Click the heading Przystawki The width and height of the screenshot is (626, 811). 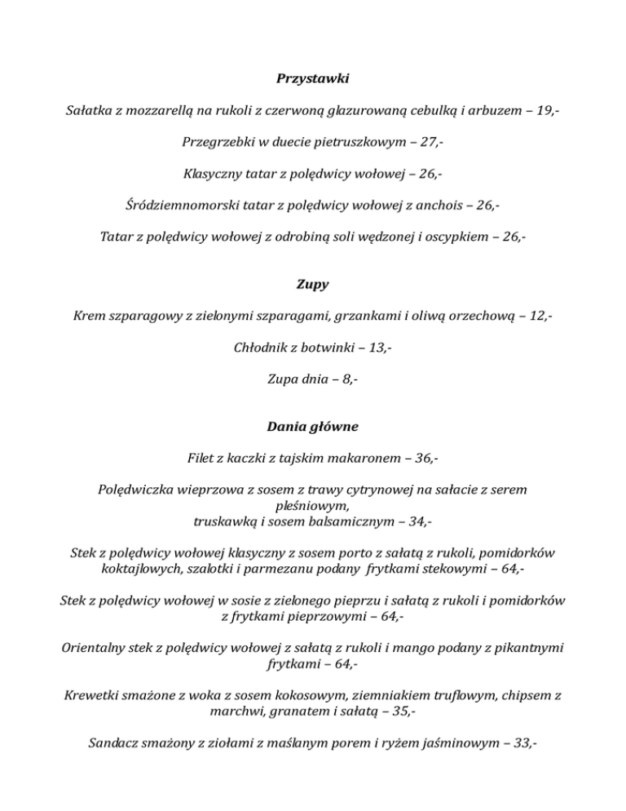[313, 80]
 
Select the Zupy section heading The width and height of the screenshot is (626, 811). [313, 285]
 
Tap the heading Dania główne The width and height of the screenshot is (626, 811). [313, 426]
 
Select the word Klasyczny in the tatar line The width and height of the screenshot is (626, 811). [212, 174]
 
